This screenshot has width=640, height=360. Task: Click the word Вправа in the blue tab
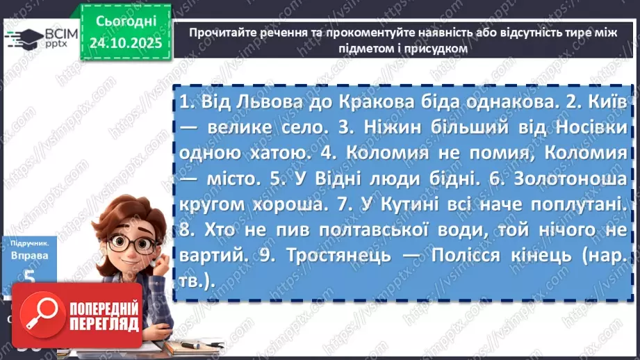[28, 254]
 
